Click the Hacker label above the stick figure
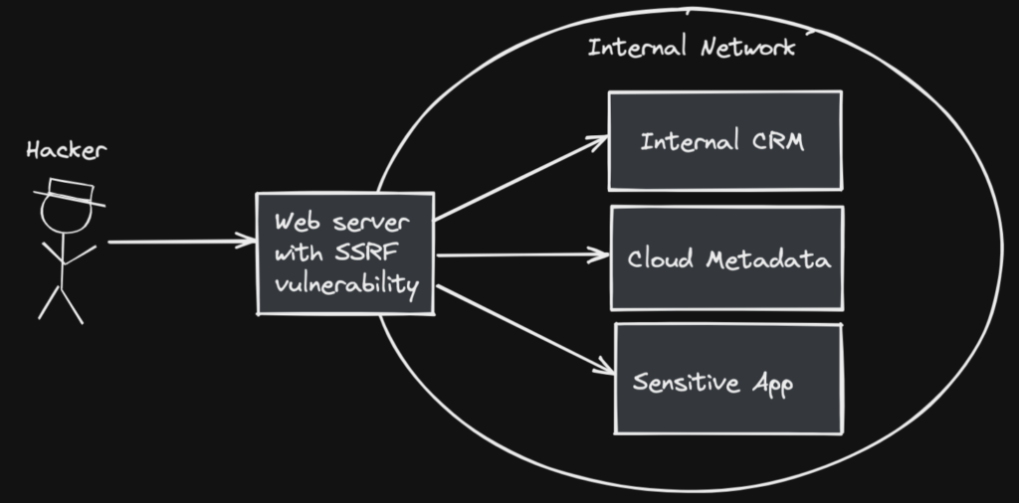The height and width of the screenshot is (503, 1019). coord(67,151)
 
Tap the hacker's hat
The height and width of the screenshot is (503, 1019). coord(69,191)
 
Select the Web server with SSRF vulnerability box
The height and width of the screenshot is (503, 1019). coord(345,253)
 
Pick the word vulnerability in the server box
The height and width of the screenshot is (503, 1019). coord(345,284)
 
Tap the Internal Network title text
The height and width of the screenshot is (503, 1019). coord(691,47)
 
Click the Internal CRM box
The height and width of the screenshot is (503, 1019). coord(724,140)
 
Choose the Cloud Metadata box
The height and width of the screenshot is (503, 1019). coord(726,258)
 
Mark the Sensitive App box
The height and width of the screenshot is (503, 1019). coord(727,379)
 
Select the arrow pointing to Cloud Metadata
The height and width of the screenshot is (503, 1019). coord(522,254)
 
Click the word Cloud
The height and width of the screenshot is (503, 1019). coord(661,260)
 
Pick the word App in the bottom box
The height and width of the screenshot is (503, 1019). coord(771,384)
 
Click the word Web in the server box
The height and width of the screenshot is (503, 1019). coord(297,221)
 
